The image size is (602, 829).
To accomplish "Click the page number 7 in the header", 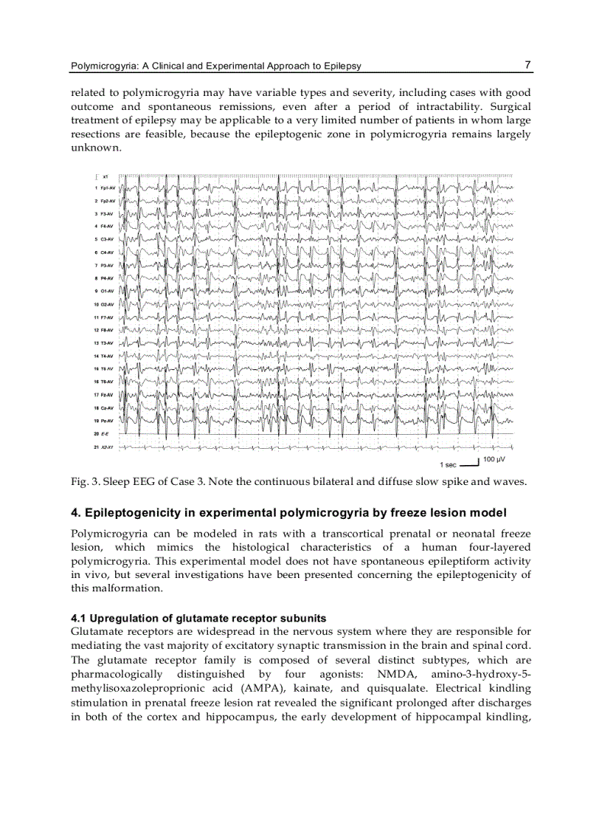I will (x=527, y=65).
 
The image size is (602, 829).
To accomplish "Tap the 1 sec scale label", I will (x=448, y=465).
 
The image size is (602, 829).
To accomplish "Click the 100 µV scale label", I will (x=494, y=460).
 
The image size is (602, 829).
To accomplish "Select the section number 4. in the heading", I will (x=75, y=513).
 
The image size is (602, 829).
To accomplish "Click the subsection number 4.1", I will (x=78, y=618).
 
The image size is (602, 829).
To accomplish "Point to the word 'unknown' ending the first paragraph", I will (x=94, y=148).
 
